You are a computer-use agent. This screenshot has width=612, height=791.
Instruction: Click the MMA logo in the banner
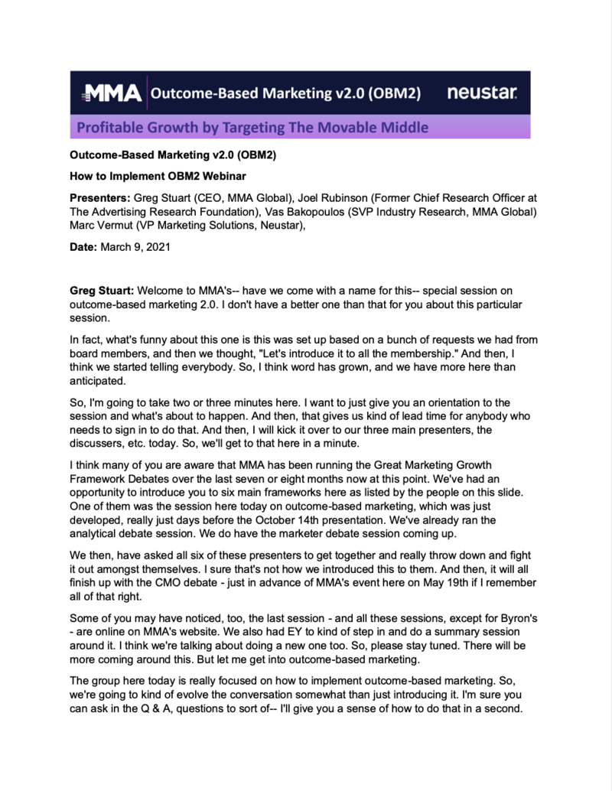(110, 93)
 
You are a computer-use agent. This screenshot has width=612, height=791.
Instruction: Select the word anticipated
(96, 380)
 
